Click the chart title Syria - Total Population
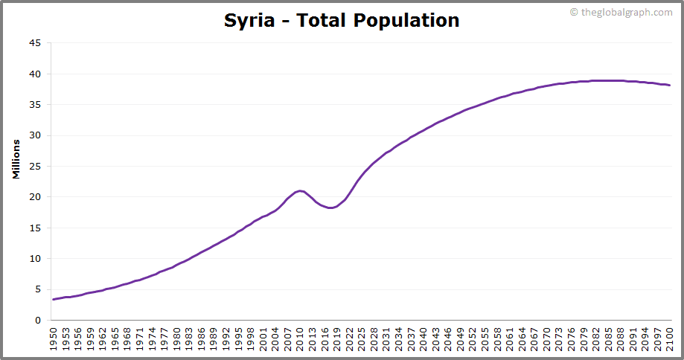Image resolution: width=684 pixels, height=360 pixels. (x=342, y=20)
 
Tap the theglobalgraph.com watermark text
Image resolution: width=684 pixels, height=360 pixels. (x=621, y=13)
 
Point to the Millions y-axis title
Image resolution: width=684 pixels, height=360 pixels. (x=16, y=158)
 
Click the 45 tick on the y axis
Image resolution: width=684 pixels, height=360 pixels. (x=35, y=43)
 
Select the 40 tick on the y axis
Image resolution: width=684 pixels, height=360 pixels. (x=35, y=74)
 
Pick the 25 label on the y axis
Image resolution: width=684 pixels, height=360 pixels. (x=35, y=167)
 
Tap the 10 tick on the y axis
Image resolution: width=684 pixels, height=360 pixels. (x=35, y=259)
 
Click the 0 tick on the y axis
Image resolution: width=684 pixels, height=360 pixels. (x=38, y=321)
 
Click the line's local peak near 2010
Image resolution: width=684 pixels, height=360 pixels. (x=300, y=191)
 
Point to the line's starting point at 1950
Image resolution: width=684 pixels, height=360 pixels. (x=54, y=299)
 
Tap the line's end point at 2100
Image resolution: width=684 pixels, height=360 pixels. (x=670, y=85)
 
